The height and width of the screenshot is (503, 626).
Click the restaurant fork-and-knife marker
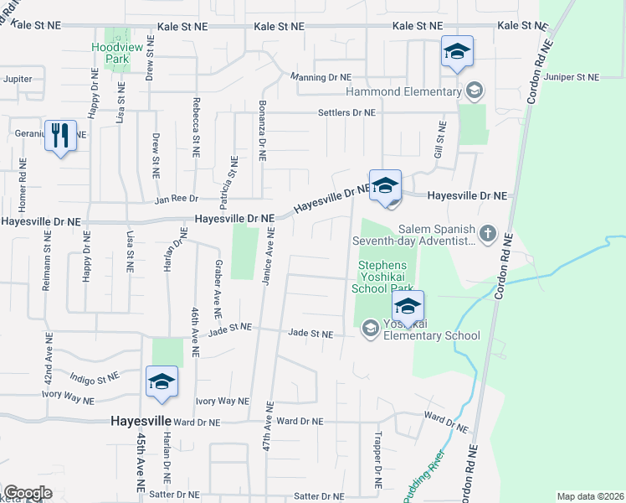(59, 135)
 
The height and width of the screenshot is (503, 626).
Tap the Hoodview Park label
(109, 54)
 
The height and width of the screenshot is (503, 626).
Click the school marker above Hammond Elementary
(457, 53)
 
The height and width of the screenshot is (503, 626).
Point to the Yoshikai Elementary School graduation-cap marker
(408, 308)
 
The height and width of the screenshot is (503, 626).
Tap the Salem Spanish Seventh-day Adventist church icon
(487, 231)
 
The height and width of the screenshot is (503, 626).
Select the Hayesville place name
(141, 421)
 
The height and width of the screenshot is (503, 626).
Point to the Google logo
(27, 493)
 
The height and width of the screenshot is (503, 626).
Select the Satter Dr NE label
(173, 494)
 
